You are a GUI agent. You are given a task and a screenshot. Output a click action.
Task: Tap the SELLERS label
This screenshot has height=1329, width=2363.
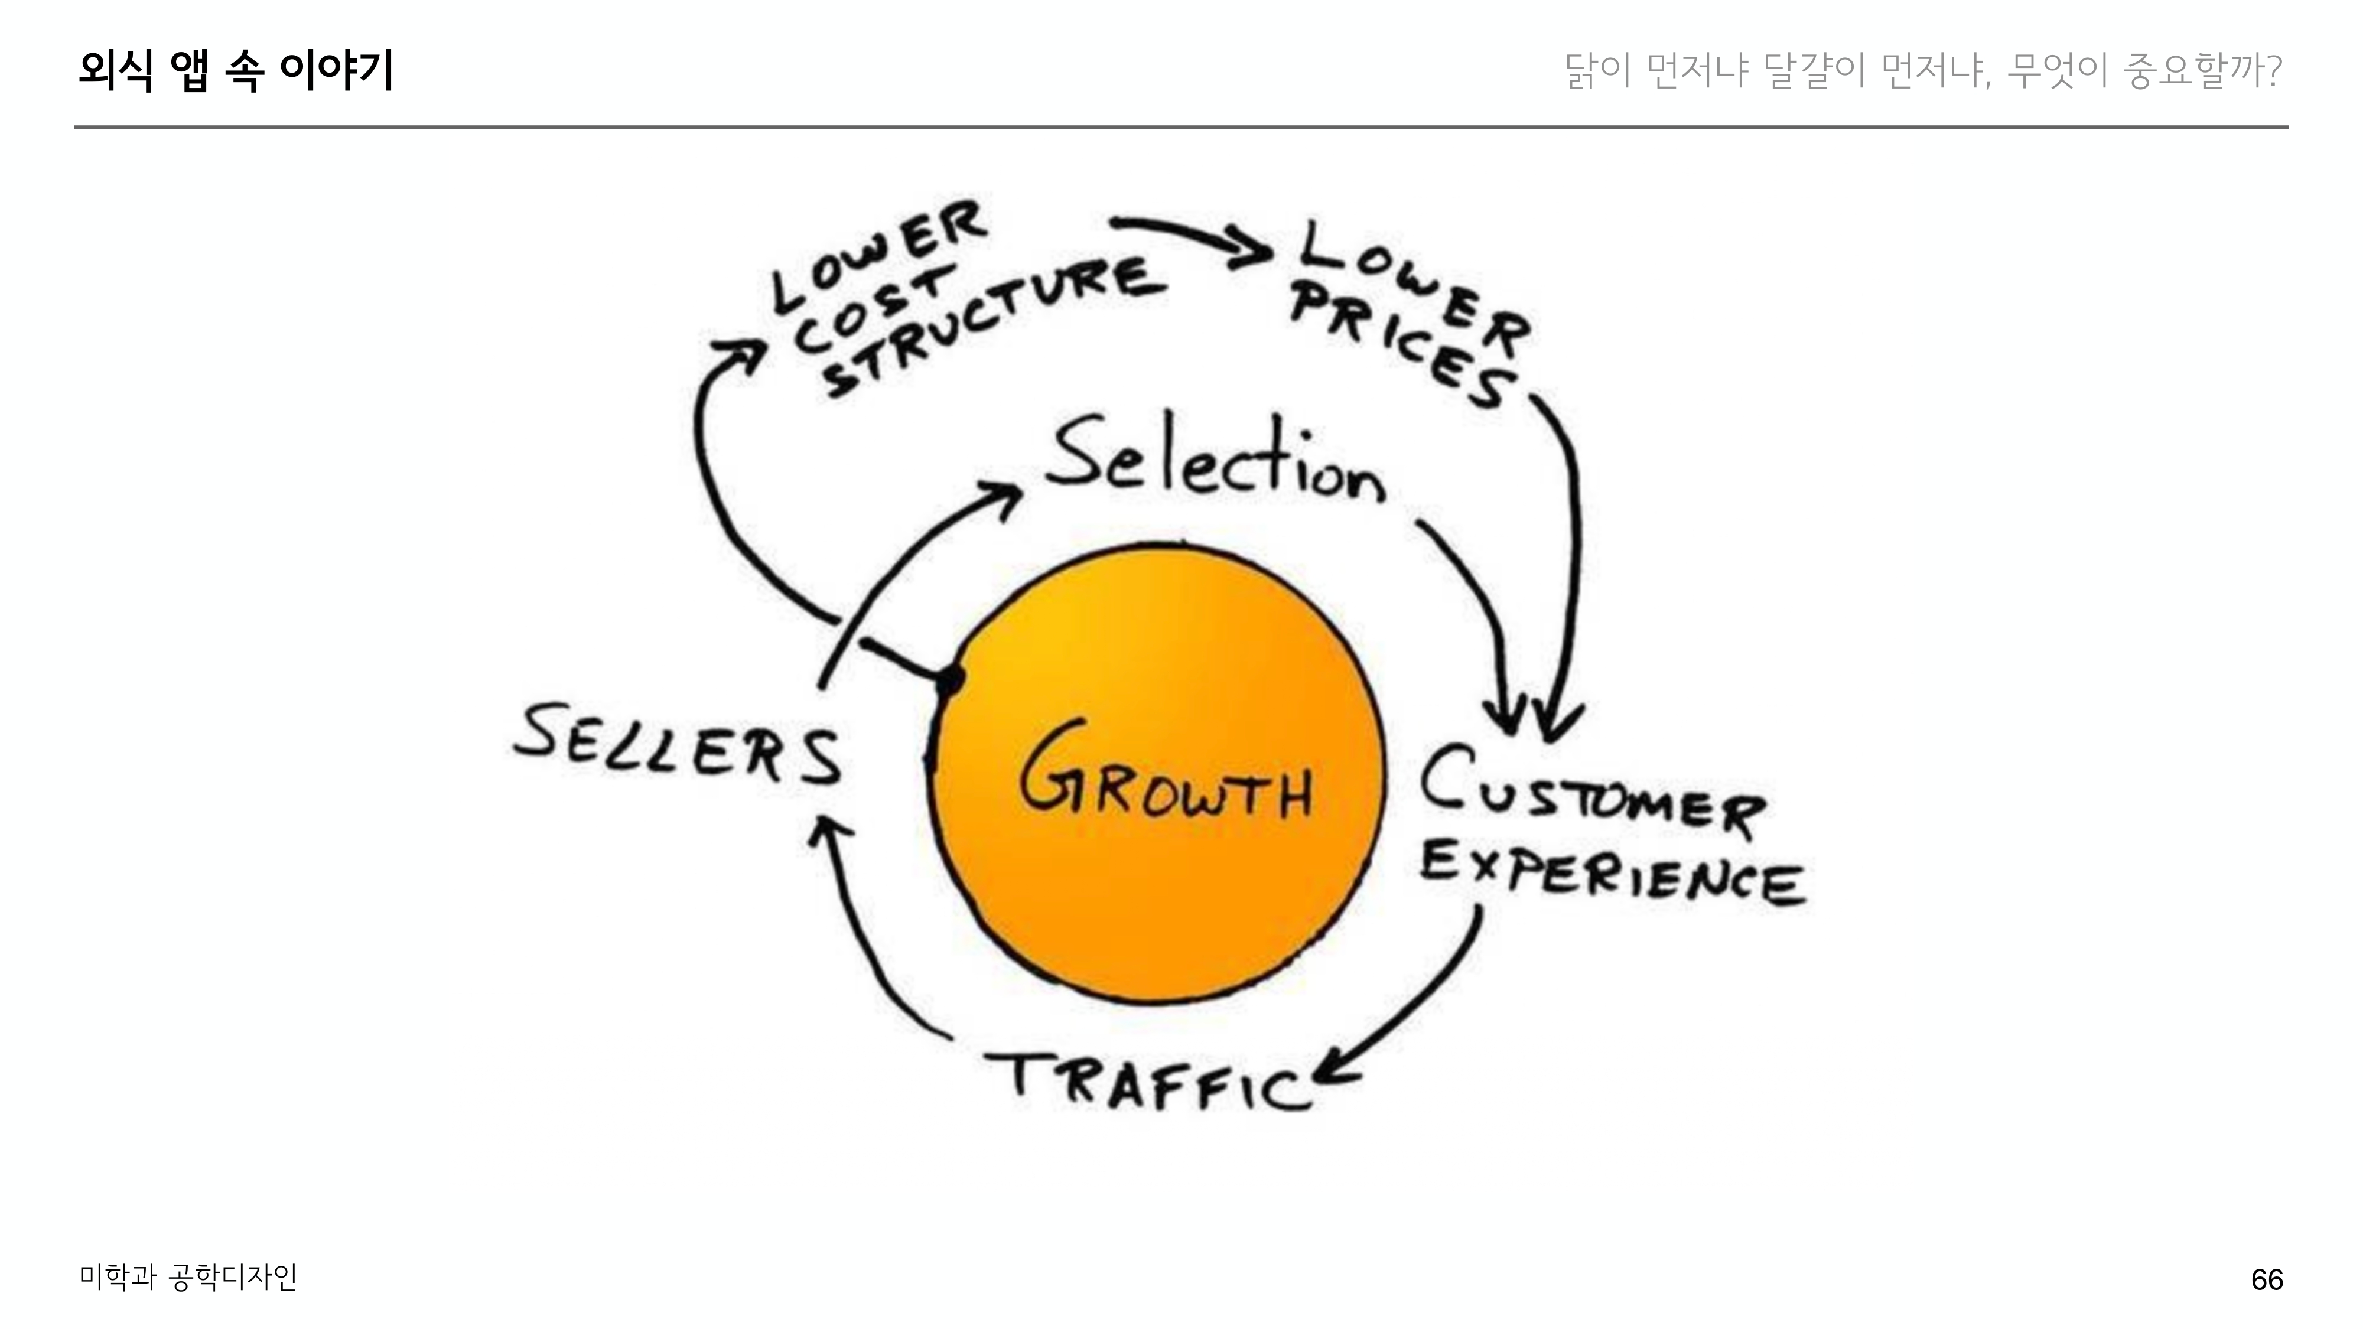tap(677, 745)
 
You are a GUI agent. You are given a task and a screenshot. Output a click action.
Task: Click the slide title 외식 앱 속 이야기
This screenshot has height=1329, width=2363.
tap(236, 71)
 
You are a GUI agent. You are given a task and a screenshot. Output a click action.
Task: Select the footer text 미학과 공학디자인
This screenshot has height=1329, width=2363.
tap(188, 1276)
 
